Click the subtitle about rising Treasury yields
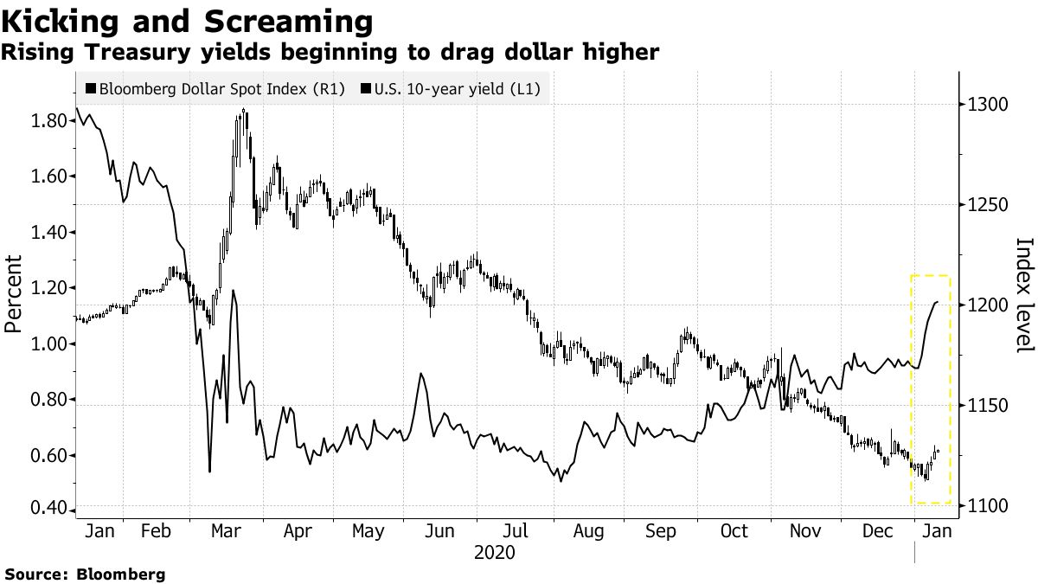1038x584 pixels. [330, 53]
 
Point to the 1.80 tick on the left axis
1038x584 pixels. [48, 120]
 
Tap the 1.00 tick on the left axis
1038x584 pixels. [48, 344]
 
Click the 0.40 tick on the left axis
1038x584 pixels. [48, 507]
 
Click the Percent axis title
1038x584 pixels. [14, 294]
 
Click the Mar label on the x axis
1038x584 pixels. [227, 531]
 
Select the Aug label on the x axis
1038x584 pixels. [589, 531]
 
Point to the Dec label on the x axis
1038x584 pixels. [878, 531]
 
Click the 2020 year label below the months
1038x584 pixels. [495, 552]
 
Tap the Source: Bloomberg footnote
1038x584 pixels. [86, 574]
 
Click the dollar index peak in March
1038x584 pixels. [245, 110]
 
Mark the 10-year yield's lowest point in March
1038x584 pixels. [210, 472]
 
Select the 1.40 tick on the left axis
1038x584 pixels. [48, 232]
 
